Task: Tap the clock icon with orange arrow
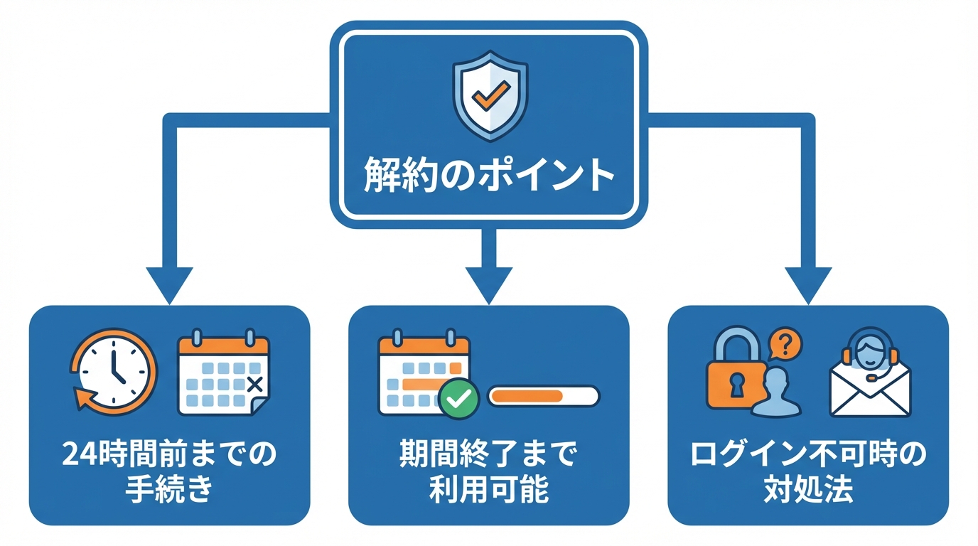(x=113, y=370)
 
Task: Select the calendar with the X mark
(x=223, y=373)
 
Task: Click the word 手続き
(x=168, y=491)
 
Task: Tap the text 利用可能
(x=488, y=491)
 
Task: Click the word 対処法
(x=808, y=491)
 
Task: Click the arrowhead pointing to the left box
(x=169, y=283)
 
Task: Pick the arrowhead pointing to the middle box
(x=488, y=283)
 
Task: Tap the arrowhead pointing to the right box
(x=808, y=283)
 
